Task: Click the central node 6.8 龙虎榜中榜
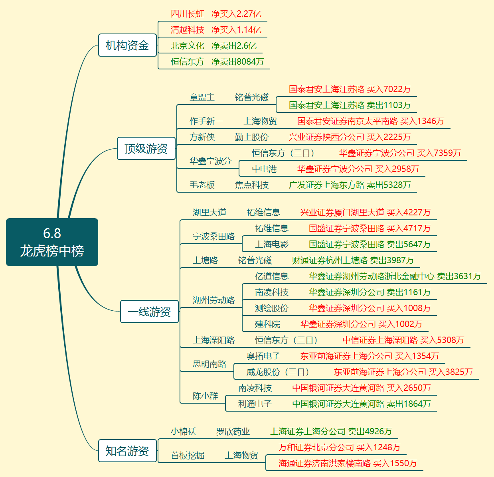click(52, 242)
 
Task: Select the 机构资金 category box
click(127, 45)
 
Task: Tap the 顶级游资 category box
click(146, 148)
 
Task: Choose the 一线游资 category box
click(149, 311)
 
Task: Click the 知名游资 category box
click(127, 451)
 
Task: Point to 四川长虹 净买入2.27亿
click(216, 14)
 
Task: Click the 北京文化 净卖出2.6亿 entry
click(213, 46)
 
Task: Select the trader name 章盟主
click(202, 97)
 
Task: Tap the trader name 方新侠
click(202, 137)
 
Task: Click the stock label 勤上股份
click(251, 137)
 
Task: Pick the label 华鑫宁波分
click(210, 161)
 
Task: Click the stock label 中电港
click(264, 169)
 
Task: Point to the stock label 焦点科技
click(251, 185)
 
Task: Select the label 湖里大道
click(209, 213)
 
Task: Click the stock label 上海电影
click(271, 244)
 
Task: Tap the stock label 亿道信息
click(271, 276)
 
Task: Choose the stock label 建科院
click(267, 324)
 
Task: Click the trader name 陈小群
click(205, 396)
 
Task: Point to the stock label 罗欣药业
click(233, 432)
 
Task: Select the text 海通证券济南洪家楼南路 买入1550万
click(348, 463)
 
